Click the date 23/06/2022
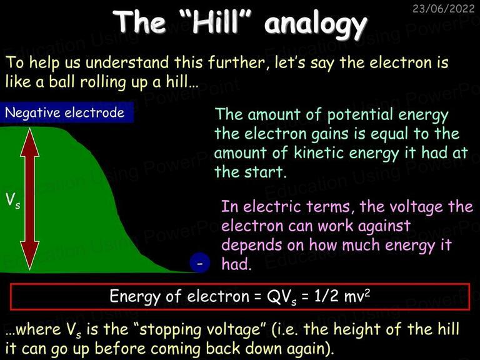(x=443, y=8)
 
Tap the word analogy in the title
(x=316, y=24)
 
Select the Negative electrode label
(x=64, y=112)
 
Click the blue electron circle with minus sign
(x=200, y=263)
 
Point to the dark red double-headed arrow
(x=30, y=199)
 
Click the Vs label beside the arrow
(x=13, y=201)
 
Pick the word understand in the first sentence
(x=127, y=62)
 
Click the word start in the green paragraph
(x=265, y=172)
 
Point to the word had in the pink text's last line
(x=236, y=264)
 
